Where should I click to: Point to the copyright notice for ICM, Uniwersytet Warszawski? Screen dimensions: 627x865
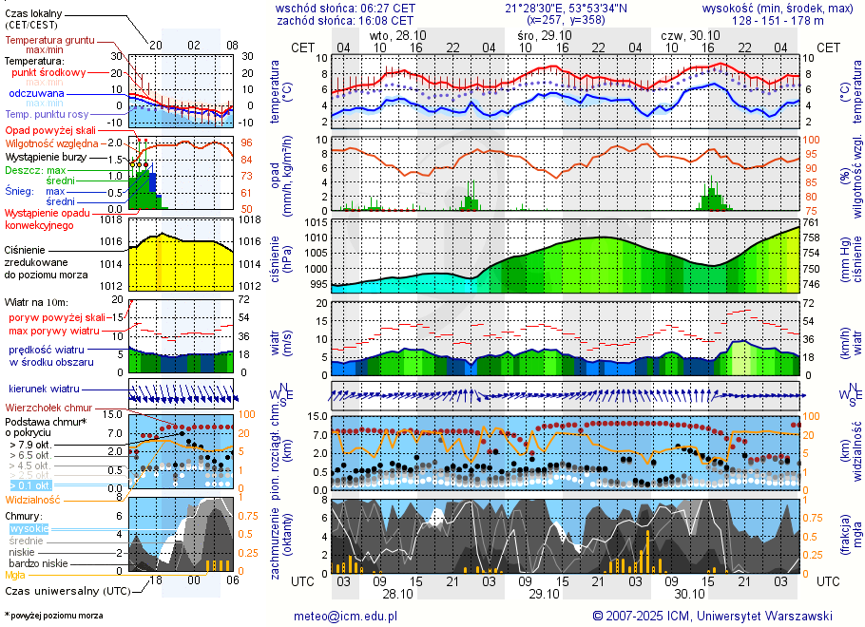712,616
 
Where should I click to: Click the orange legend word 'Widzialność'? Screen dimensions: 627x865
33,499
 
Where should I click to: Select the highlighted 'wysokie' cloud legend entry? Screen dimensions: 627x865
29,528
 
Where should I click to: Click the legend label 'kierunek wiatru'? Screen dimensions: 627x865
44,389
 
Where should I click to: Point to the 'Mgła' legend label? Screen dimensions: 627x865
16,575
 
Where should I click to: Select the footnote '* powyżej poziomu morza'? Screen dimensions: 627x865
53,616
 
